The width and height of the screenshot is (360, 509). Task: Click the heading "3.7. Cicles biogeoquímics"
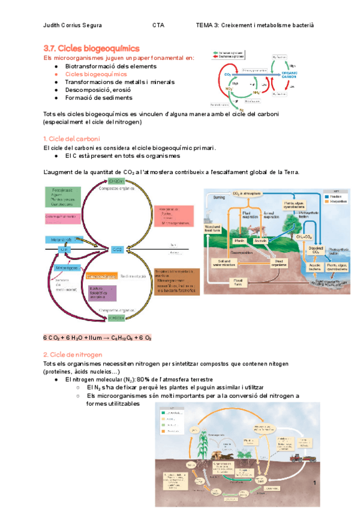[x=92, y=47]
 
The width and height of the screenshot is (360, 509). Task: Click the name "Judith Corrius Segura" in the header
[x=73, y=26]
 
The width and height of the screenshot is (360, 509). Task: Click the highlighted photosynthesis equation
[x=98, y=338]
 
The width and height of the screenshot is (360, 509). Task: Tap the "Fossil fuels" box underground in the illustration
[x=238, y=283]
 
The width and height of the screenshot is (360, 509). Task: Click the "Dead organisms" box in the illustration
[x=276, y=261]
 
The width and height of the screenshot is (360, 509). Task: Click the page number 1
[x=314, y=483]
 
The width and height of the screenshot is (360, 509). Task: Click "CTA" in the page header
[x=158, y=26]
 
